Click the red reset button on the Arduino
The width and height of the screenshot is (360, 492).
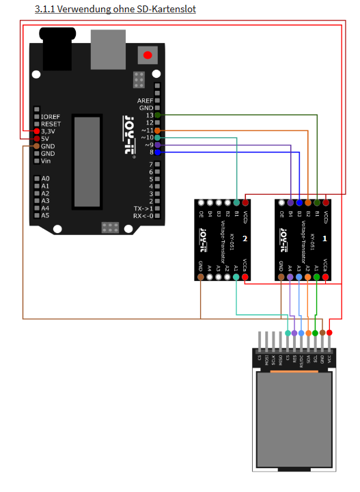146,54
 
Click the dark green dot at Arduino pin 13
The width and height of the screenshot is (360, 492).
158,115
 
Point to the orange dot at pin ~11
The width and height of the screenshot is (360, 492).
158,131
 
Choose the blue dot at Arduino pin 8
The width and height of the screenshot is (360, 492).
158,152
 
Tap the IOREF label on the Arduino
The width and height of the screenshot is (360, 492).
51,117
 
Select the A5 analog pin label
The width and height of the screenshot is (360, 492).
45,215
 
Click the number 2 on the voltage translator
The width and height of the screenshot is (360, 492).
244,238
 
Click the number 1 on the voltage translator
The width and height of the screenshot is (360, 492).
324,238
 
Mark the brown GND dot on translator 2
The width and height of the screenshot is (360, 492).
200,277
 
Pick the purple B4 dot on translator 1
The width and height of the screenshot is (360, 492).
290,203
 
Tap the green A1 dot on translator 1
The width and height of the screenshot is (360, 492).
317,277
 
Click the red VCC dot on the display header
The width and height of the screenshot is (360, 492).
330,332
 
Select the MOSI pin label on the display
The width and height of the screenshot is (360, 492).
280,358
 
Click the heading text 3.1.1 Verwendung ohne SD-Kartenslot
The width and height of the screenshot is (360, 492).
115,9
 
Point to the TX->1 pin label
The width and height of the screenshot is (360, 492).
141,208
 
